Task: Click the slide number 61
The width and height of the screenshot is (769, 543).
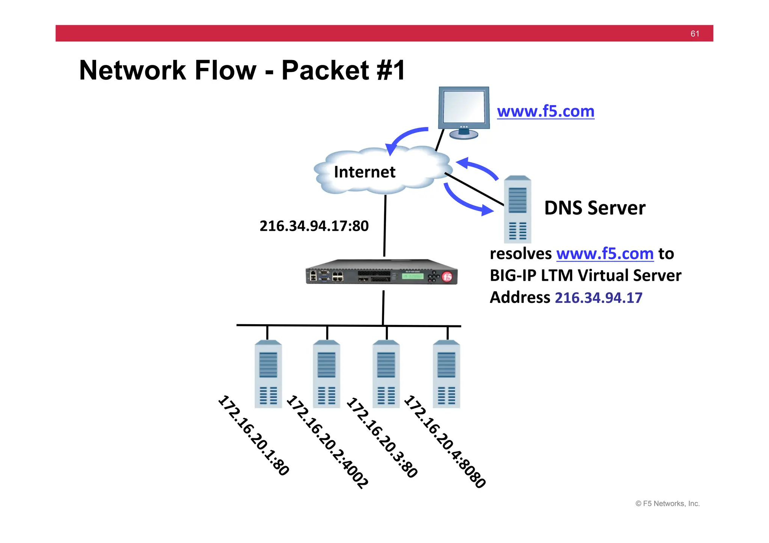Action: point(695,34)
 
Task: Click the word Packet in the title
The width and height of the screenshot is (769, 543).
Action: point(325,70)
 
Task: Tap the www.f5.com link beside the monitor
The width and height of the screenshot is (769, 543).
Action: point(545,111)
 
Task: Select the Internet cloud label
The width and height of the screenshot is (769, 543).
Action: point(364,172)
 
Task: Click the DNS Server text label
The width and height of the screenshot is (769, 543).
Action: point(594,208)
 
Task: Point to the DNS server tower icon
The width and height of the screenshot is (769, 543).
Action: point(517,209)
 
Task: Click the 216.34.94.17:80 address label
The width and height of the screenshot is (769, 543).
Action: point(314,226)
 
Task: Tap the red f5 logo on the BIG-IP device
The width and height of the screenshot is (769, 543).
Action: point(447,277)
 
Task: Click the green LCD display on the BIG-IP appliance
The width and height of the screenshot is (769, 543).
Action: point(412,276)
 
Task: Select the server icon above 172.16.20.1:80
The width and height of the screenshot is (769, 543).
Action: point(268,374)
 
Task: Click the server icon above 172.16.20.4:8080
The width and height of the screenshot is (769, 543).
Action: point(446,374)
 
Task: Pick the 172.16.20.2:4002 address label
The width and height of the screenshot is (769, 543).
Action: point(327,442)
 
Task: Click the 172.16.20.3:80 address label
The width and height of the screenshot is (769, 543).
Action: point(381,438)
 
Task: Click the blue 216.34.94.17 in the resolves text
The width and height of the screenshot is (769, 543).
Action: point(599,298)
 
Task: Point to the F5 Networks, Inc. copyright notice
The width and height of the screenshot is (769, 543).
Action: point(667,504)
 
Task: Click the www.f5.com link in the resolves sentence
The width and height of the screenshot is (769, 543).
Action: point(605,254)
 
